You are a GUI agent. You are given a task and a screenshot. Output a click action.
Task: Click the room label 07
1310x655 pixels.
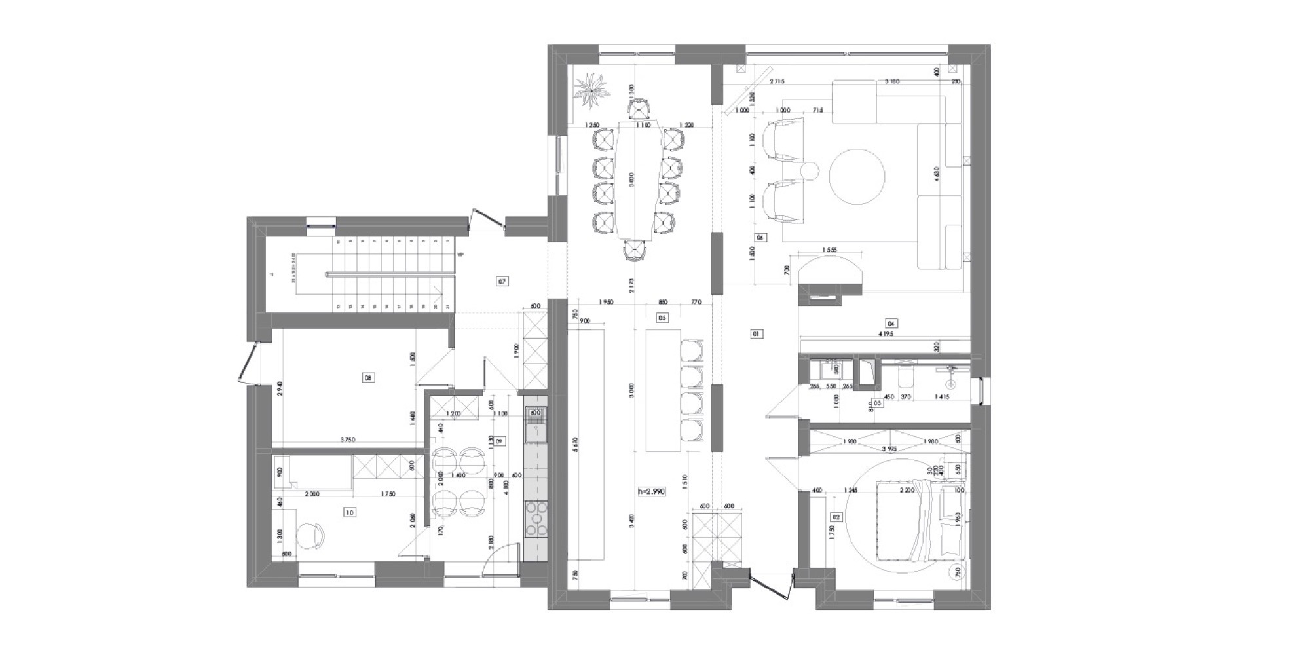(502, 282)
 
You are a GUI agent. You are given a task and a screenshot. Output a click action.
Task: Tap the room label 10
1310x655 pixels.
(349, 513)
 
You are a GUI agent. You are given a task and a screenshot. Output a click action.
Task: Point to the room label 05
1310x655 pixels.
(662, 318)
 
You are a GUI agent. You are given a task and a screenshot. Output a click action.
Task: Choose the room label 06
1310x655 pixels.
(760, 237)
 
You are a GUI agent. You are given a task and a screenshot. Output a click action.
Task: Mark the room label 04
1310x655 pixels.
(891, 323)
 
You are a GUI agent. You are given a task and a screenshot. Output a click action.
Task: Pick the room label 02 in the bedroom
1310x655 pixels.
(836, 517)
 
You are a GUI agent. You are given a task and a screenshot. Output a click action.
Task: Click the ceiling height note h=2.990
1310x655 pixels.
(652, 491)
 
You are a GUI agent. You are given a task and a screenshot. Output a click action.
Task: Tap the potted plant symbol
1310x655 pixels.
(591, 91)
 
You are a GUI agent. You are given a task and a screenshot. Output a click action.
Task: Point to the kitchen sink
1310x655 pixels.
(535, 432)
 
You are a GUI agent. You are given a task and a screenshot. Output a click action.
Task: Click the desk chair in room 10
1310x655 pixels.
(310, 535)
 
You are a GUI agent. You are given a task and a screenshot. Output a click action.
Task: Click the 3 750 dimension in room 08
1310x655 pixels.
(347, 440)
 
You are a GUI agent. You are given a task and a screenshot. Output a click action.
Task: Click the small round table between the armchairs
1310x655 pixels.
(810, 170)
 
